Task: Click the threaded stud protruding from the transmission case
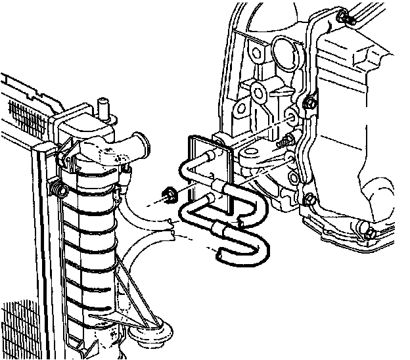tap(285, 143)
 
